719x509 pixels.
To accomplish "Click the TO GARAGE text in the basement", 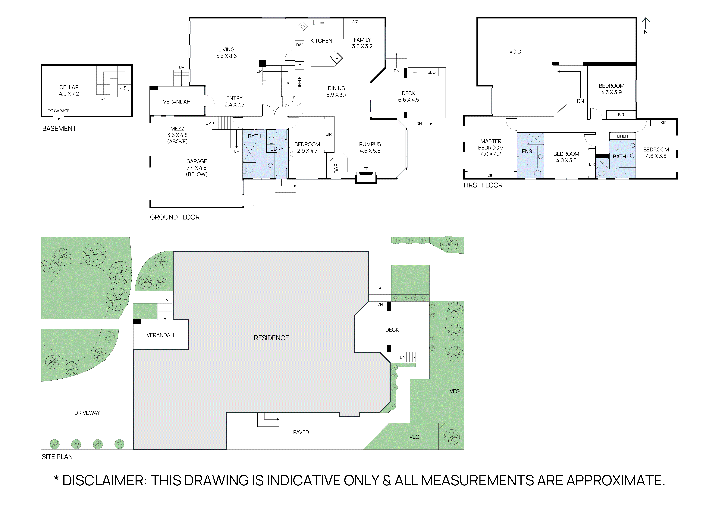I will coord(59,111).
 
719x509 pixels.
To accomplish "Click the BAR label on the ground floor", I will coord(336,168).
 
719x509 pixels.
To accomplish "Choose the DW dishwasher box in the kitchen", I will coord(299,45).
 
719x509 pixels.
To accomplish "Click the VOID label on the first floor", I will coord(515,52).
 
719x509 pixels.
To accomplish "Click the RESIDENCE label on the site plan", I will coord(271,338).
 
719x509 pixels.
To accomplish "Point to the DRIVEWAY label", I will coord(87,413).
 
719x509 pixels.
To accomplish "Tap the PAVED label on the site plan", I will coord(301,432).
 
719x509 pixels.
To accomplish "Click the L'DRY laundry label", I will coord(277,149).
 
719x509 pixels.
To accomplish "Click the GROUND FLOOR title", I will coord(175,217).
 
